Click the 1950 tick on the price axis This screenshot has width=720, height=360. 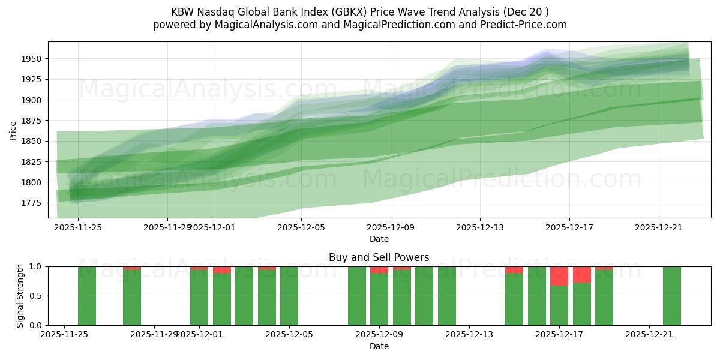tap(34, 59)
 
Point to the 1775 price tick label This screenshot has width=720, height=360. tap(34, 203)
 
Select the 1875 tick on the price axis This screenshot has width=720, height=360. tap(34, 121)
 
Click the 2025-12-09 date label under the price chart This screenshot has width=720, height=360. tap(391, 227)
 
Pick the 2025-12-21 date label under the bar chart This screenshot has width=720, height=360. tap(650, 335)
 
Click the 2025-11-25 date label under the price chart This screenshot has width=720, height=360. tap(78, 227)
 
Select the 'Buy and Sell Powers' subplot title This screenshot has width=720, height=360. tap(379, 257)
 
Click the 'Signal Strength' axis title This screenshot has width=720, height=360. tap(20, 296)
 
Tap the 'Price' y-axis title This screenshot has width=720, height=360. tap(13, 130)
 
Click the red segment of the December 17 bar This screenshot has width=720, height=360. tap(559, 276)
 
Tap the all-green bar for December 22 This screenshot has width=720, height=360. tap(672, 296)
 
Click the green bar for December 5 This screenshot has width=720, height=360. tap(289, 296)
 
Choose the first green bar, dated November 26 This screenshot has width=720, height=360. tap(87, 296)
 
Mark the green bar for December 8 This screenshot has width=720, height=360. tap(357, 296)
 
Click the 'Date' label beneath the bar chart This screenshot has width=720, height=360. tap(379, 346)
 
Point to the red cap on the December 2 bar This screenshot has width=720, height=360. tap(222, 270)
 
